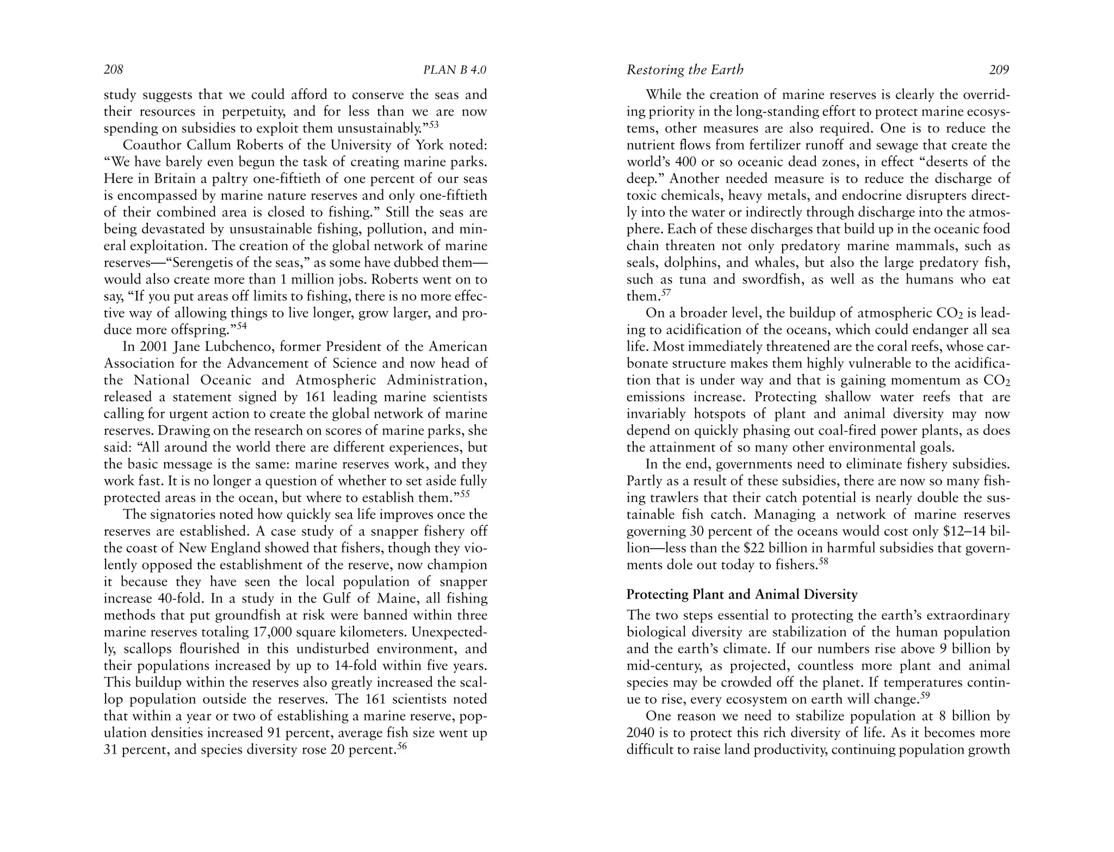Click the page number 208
[114, 70]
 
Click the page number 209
[999, 70]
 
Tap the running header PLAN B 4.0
[455, 70]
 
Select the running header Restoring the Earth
[685, 70]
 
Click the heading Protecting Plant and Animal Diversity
[742, 594]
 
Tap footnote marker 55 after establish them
[465, 494]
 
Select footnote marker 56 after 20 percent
[402, 746]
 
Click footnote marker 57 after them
[666, 293]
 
